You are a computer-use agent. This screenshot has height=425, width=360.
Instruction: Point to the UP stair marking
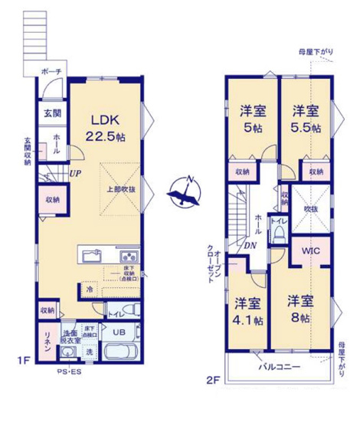(75, 173)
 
